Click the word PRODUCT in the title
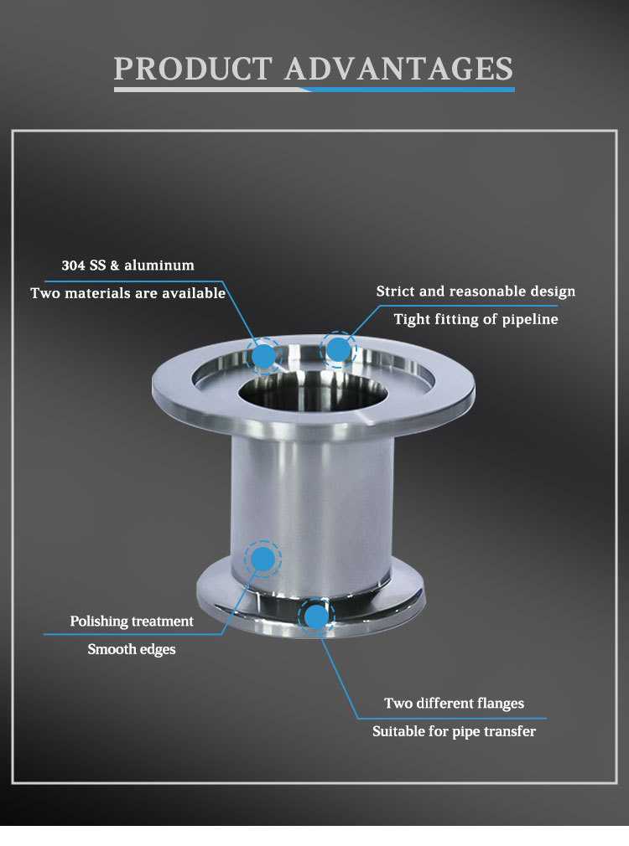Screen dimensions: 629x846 [193, 69]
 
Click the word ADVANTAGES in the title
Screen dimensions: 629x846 [399, 69]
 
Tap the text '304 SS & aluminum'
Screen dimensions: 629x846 [127, 266]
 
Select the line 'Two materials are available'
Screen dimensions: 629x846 [127, 293]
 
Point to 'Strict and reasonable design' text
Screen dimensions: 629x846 [476, 291]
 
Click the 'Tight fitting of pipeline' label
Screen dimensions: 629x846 [476, 319]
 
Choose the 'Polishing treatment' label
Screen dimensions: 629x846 [132, 621]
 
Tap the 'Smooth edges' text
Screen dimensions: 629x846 [132, 649]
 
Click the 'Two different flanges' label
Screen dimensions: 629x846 [454, 703]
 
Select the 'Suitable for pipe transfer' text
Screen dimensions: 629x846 [454, 731]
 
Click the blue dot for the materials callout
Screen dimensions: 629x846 [263, 356]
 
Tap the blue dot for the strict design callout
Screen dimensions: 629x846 [338, 349]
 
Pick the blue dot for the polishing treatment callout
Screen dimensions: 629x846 [263, 559]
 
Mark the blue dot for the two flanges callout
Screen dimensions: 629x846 [316, 616]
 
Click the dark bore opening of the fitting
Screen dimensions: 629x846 [313, 392]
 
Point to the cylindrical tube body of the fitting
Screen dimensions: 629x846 [312, 513]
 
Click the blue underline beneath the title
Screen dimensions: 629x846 [413, 90]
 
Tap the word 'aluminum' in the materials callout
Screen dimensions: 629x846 [159, 266]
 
